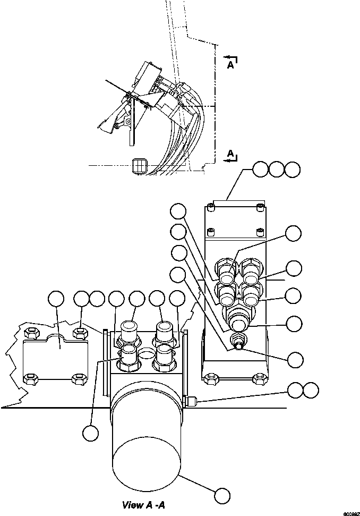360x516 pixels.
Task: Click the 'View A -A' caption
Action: click(144, 504)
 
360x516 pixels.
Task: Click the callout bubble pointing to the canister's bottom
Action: click(222, 496)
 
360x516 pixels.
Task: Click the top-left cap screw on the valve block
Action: click(212, 208)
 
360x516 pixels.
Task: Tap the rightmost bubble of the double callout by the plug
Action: click(311, 391)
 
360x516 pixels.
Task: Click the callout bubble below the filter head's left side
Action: click(90, 433)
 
